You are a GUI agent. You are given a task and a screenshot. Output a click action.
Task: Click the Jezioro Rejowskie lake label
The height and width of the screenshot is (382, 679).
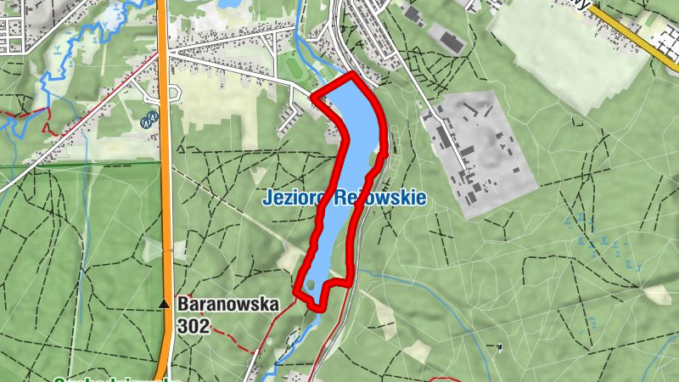(344, 198)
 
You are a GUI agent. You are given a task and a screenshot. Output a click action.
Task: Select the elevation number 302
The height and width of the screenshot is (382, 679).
(194, 324)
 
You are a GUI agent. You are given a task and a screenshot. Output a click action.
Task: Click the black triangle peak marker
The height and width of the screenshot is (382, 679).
(163, 304)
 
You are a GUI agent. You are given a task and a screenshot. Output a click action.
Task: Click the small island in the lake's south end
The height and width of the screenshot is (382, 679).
(311, 285)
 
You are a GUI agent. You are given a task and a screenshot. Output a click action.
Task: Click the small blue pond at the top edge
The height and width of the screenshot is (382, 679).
(230, 4)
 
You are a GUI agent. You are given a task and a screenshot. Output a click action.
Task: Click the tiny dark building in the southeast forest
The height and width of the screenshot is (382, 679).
(500, 346)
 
